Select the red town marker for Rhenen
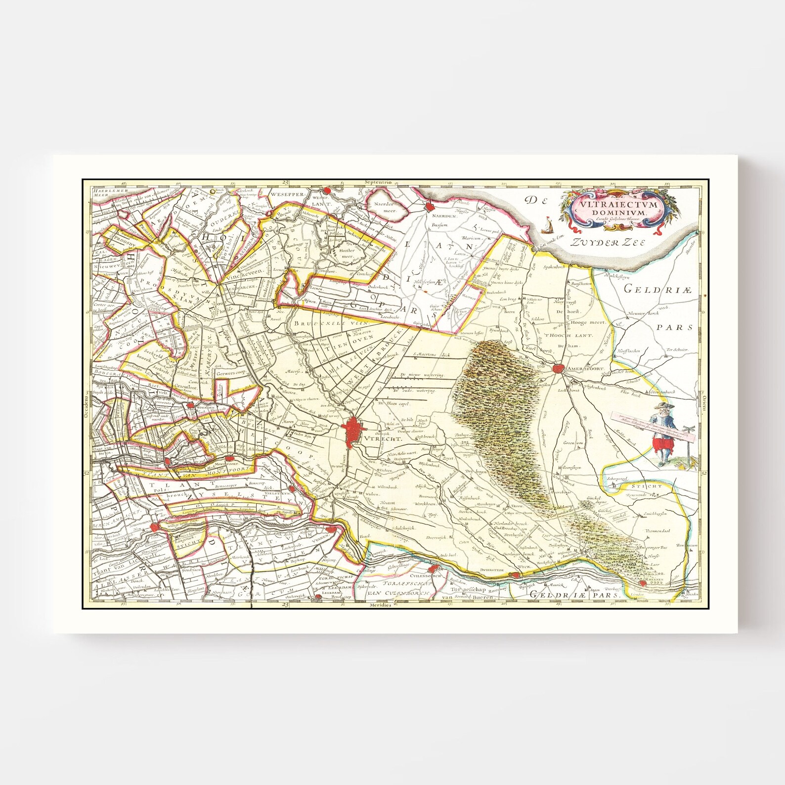coord(643,584)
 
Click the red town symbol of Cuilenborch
coord(437,569)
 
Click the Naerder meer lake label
coord(387,207)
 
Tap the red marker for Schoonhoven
coord(155,528)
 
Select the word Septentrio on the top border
coord(377,182)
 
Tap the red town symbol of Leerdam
coord(318,597)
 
